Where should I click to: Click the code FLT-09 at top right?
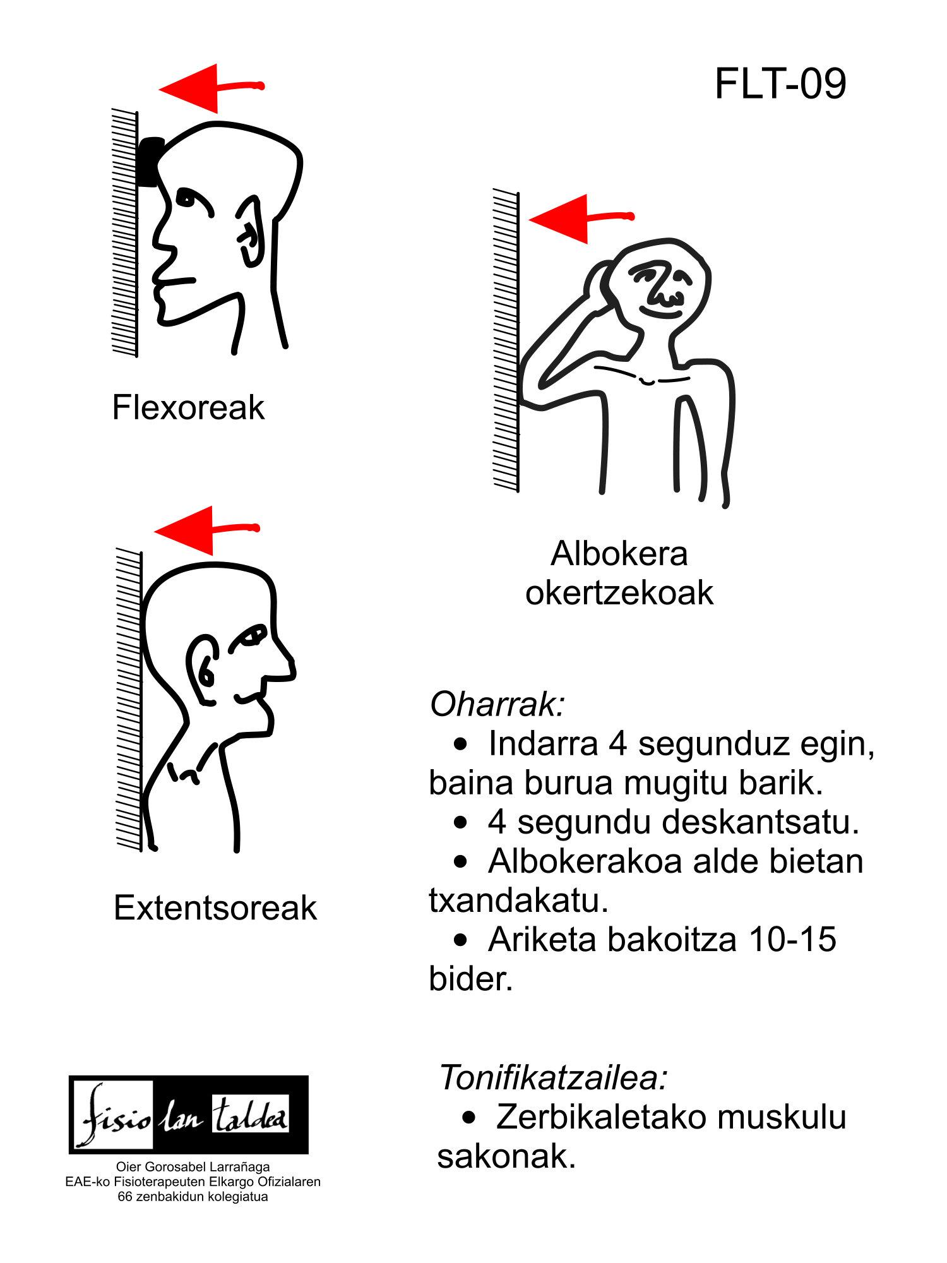point(780,83)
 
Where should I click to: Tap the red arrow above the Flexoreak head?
point(211,88)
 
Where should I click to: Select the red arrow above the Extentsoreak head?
point(207,530)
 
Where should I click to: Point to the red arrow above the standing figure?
point(581,218)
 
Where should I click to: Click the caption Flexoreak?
point(188,407)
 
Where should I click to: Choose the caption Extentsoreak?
point(215,908)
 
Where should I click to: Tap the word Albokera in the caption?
point(619,554)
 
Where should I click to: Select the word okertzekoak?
point(619,593)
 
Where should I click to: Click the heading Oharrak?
point(497,704)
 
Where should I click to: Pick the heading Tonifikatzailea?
point(553,1077)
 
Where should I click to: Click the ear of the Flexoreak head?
point(249,230)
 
